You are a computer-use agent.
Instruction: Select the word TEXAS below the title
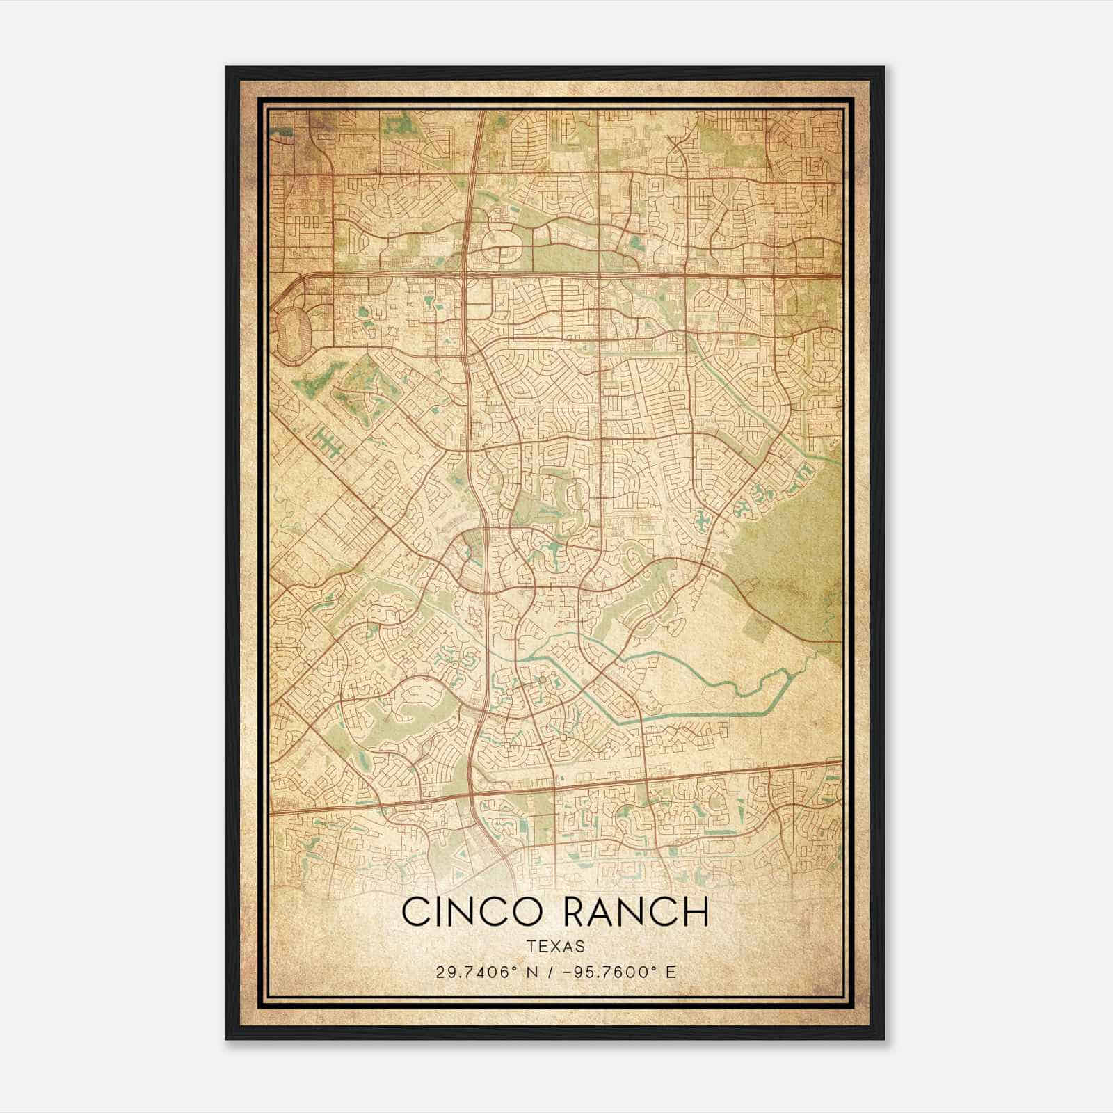pyautogui.click(x=555, y=946)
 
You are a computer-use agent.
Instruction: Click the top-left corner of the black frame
pyautogui.click(x=227, y=68)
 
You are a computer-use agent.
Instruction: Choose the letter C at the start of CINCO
pyautogui.click(x=415, y=912)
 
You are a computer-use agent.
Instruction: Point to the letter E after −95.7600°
pyautogui.click(x=671, y=972)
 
